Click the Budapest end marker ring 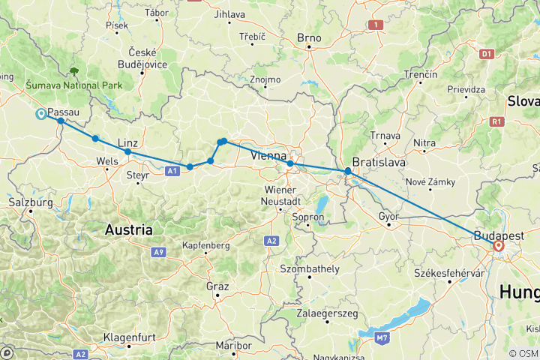(x=499, y=245)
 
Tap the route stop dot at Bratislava (x=348, y=172)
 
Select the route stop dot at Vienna (x=290, y=163)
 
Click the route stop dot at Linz (x=127, y=152)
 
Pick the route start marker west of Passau (x=41, y=114)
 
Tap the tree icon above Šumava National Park (x=74, y=72)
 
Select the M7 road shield (x=382, y=338)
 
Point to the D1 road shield (x=486, y=54)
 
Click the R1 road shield (x=496, y=121)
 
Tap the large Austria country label (x=128, y=229)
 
